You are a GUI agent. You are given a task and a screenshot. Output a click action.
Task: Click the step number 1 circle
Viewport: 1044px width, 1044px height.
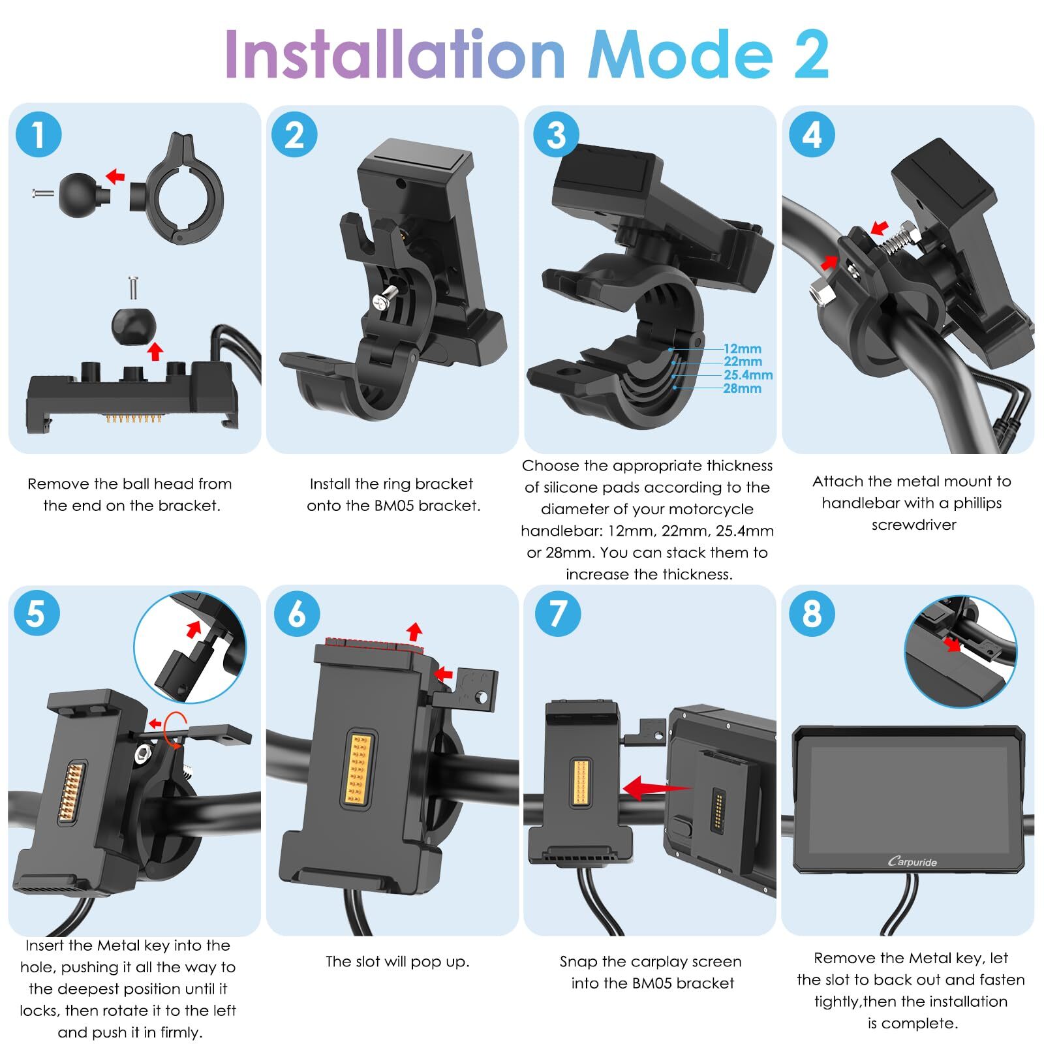pos(38,135)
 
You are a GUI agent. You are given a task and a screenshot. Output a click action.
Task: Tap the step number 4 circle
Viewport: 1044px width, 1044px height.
pos(812,135)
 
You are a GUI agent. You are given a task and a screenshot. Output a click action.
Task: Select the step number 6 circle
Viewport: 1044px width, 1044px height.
pos(297,613)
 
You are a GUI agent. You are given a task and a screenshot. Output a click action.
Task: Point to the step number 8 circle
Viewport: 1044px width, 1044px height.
pos(812,613)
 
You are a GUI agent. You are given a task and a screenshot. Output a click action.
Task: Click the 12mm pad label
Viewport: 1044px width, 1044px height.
pos(743,349)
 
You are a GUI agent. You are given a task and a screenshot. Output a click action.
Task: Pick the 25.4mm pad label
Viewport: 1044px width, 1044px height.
pos(748,375)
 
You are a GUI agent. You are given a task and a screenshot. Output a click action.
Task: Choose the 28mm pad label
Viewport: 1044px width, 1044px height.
pos(743,388)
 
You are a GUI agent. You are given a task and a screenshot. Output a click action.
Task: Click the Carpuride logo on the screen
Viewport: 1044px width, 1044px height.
pos(912,861)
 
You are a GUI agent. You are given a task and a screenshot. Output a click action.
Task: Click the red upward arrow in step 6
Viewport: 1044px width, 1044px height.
pos(414,632)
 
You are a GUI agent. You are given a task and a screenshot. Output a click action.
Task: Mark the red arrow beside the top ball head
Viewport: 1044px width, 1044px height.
pos(115,175)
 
